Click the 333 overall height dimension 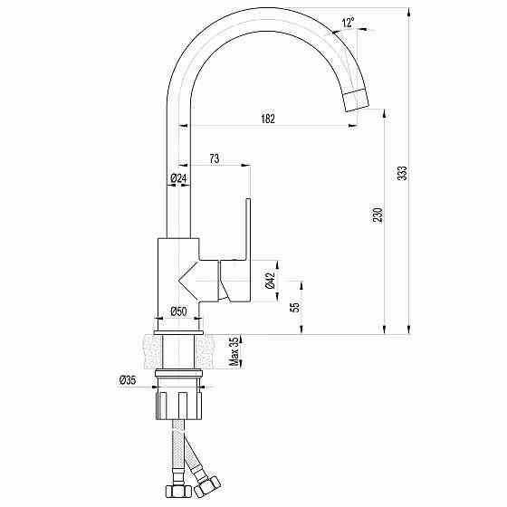402,173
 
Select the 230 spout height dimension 378,215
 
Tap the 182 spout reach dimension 268,119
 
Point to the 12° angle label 348,23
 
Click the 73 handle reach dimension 215,158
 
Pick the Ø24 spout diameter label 178,177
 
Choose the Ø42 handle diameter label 270,281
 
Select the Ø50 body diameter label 178,311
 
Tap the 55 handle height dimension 295,307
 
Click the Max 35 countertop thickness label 234,351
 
